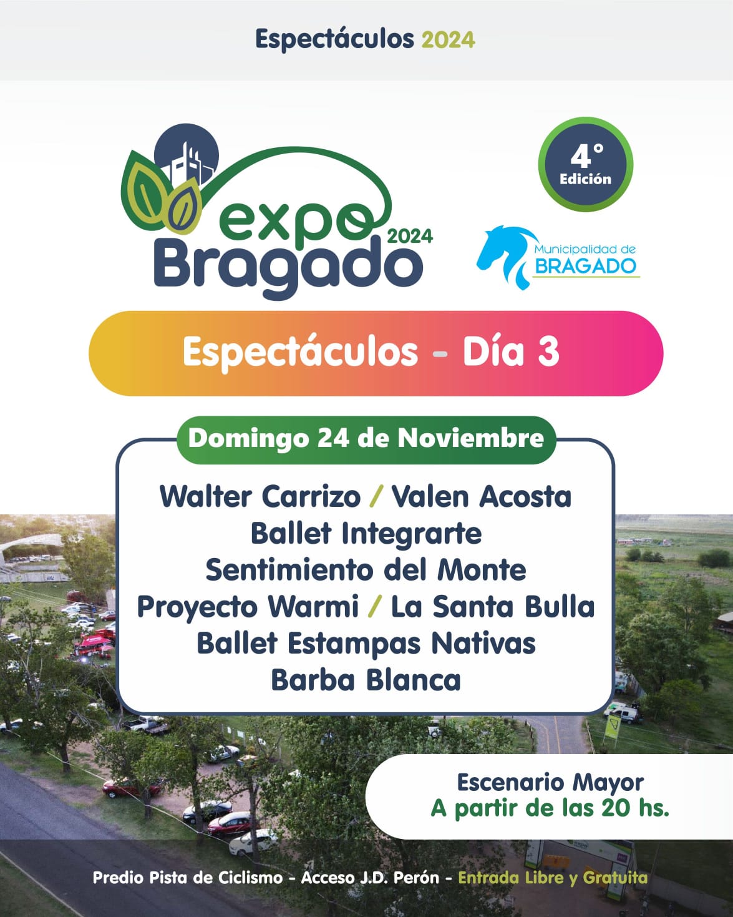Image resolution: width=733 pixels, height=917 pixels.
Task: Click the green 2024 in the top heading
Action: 448,40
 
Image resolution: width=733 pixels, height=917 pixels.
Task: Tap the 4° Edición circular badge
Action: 586,164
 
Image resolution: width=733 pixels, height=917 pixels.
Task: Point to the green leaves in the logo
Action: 159,194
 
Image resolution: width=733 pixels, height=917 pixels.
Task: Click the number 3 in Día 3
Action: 548,352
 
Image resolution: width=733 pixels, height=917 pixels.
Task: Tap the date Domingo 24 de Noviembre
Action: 366,438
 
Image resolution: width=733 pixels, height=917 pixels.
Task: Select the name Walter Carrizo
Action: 260,497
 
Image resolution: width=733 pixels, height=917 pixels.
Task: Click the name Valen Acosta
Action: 481,497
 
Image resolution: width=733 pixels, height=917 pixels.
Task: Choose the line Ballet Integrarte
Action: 366,534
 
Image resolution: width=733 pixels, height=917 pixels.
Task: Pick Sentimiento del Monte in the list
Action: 366,570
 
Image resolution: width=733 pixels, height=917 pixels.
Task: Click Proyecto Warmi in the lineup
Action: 248,607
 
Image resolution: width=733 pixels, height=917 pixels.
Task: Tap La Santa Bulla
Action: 493,607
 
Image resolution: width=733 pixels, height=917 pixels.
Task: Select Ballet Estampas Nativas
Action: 366,644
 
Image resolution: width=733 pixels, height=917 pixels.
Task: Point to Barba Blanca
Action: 366,680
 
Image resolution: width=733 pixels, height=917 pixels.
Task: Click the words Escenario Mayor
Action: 550,783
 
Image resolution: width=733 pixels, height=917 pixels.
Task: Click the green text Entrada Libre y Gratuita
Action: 553,878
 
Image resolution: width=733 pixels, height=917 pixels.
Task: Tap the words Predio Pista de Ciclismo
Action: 188,878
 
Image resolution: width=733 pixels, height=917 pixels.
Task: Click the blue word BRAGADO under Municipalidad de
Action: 585,267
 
